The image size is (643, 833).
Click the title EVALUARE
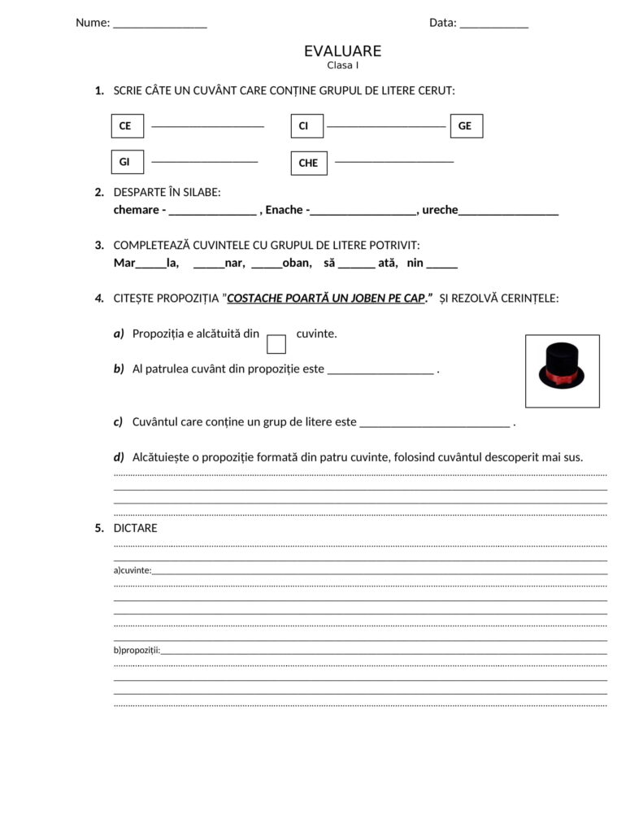pos(342,51)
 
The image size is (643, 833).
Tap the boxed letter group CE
pos(127,126)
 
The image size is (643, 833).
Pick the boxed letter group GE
pos(465,126)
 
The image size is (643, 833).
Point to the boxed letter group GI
pos(126,162)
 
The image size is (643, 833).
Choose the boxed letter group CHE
pos(308,163)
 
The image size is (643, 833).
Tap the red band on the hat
pos(562,379)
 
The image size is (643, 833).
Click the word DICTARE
pos(136,528)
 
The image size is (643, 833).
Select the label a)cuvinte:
pos(133,570)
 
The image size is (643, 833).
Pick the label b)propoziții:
pos(137,650)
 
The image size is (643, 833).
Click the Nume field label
pos(93,23)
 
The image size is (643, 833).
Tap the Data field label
pos(443,23)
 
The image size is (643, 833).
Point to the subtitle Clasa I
pos(342,65)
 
